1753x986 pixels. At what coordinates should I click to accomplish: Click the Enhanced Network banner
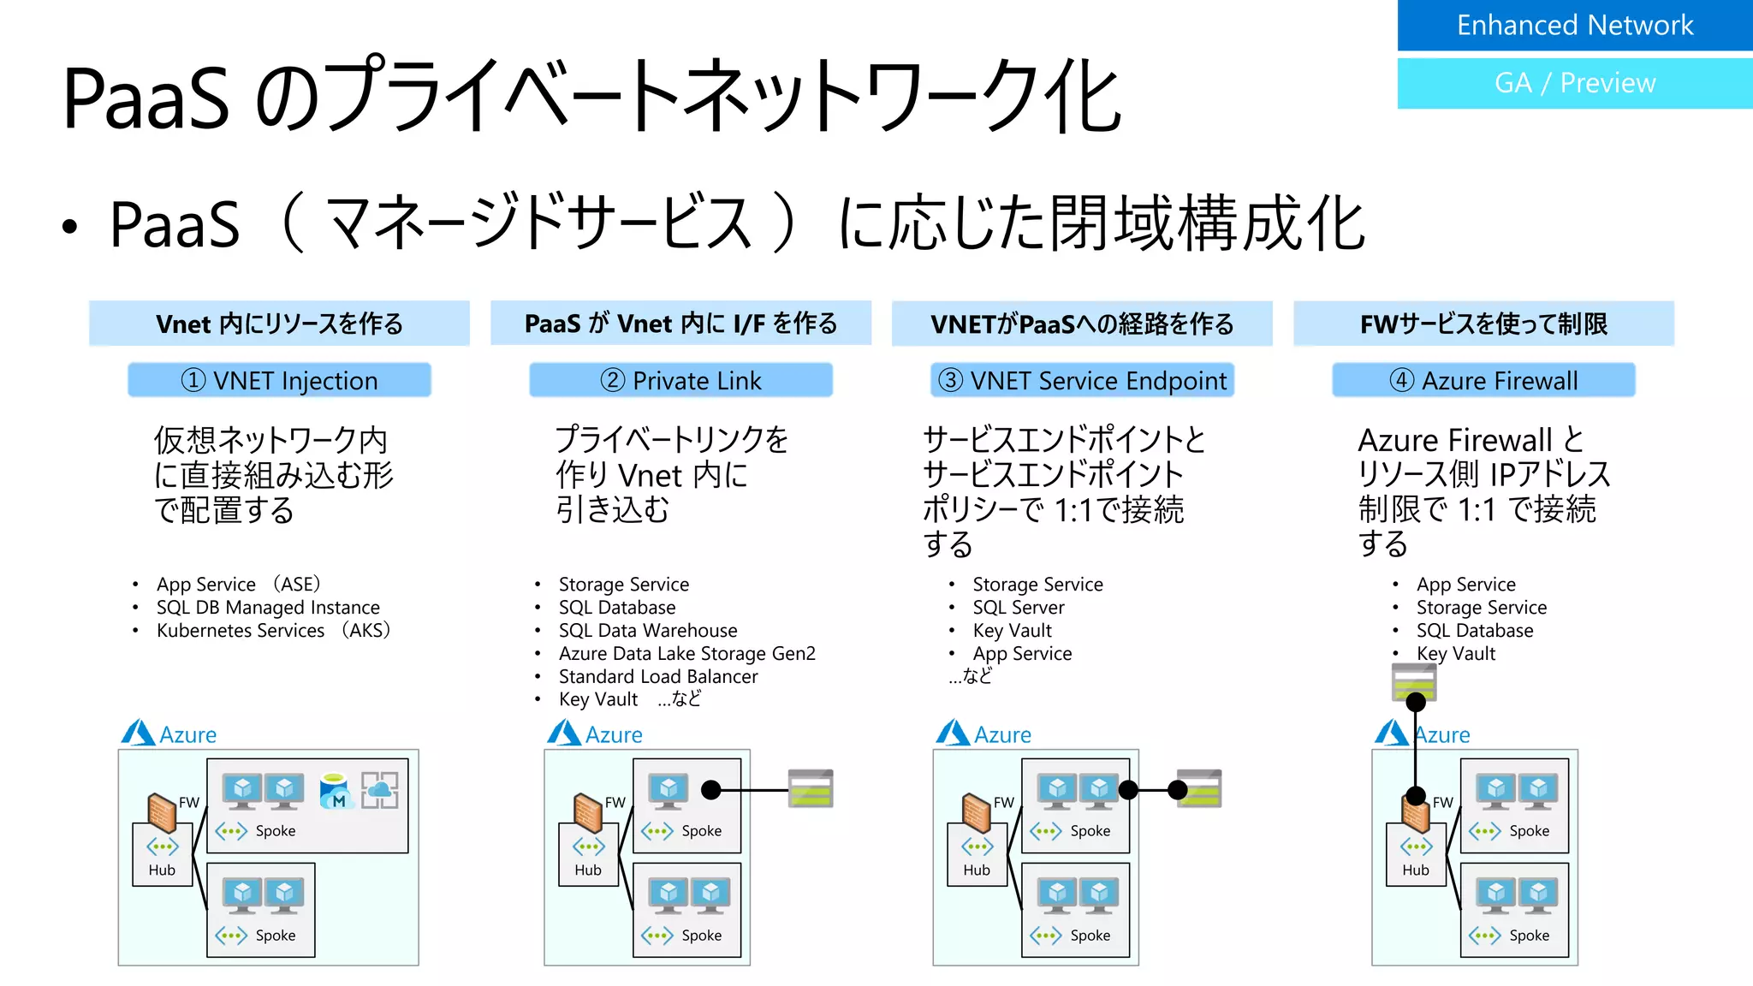point(1574,25)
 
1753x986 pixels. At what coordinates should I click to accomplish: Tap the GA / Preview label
point(1574,83)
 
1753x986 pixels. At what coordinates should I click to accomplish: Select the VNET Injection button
point(279,380)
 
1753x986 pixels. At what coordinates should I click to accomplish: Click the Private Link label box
point(680,380)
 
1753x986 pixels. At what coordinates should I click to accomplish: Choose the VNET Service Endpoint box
point(1082,380)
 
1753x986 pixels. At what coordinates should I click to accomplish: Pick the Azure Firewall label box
point(1483,380)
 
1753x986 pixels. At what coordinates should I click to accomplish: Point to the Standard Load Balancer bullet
point(657,676)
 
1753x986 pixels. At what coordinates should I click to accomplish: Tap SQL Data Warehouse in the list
point(647,631)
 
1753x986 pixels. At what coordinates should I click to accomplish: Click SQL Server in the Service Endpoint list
point(1018,608)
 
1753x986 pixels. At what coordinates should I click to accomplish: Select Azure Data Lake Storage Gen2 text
point(686,654)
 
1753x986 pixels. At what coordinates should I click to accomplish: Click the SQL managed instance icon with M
point(335,792)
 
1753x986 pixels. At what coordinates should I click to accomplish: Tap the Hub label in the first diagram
point(162,870)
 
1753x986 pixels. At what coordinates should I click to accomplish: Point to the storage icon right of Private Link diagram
point(810,789)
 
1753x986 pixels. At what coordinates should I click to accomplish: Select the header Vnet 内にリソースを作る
point(279,324)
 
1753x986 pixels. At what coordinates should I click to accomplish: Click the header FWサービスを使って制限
point(1483,324)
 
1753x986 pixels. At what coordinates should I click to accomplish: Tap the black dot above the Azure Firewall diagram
point(1416,703)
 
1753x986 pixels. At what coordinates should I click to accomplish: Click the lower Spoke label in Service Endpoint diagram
point(1090,936)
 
